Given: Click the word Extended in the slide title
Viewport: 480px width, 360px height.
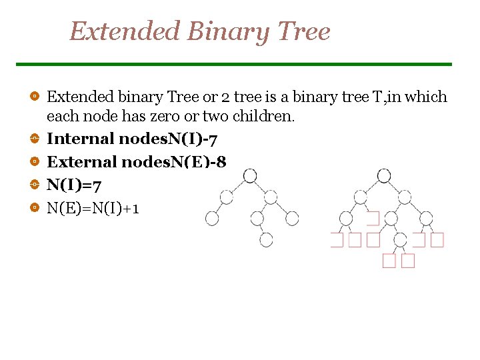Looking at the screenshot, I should (125, 31).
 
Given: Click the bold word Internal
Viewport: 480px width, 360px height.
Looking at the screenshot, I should (80, 139).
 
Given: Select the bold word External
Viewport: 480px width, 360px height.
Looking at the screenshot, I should (81, 161).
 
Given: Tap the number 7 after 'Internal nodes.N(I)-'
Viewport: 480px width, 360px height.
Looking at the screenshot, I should (212, 139).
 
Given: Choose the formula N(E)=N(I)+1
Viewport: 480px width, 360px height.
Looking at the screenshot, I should (93, 208).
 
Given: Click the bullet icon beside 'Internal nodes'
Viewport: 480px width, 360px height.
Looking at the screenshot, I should (33, 139).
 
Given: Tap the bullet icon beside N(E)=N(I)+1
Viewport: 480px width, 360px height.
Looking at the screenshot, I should (33, 208).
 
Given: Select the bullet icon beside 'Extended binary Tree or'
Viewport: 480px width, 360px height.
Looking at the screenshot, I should (33, 97).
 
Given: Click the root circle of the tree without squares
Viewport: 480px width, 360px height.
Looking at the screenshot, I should (250, 176).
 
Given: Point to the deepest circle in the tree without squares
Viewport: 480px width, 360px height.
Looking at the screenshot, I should (266, 240).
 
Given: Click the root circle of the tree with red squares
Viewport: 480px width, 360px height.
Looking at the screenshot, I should (384, 176).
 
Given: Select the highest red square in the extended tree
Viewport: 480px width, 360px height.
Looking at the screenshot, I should (373, 218).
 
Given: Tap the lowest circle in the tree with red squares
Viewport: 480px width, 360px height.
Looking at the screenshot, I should (400, 239).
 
